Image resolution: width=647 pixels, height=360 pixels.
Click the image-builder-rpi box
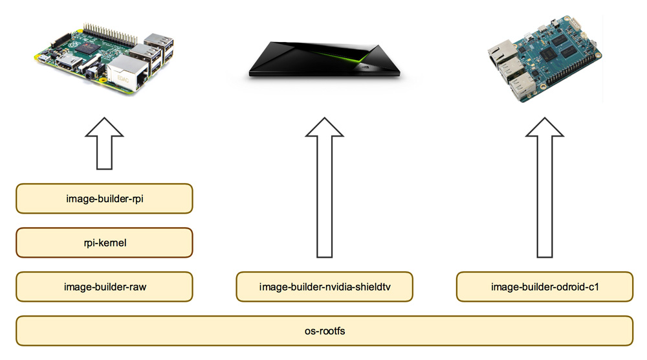pos(104,199)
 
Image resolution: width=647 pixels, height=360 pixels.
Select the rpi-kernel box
pos(104,243)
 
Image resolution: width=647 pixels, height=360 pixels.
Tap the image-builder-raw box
pos(104,287)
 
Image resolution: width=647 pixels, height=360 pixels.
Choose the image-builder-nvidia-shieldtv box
pos(324,287)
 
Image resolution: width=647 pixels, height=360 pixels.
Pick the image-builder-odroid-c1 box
pos(545,287)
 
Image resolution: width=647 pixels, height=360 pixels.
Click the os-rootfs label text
pos(325,331)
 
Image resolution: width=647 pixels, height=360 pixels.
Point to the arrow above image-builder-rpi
pos(104,143)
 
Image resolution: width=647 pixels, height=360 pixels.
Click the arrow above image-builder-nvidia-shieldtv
pos(324,187)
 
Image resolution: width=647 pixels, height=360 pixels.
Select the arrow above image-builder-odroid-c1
pos(545,187)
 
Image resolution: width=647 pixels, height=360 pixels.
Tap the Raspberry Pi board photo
pos(104,58)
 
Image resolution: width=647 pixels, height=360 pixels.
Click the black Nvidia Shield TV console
pos(325,60)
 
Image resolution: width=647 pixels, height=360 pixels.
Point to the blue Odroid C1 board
pos(545,59)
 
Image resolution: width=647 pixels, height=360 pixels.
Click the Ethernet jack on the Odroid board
pos(503,54)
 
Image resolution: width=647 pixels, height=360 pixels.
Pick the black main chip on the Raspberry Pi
pos(91,47)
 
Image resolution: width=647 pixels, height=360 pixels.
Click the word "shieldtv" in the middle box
pos(373,287)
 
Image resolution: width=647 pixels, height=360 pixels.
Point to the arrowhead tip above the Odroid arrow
pos(545,117)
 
